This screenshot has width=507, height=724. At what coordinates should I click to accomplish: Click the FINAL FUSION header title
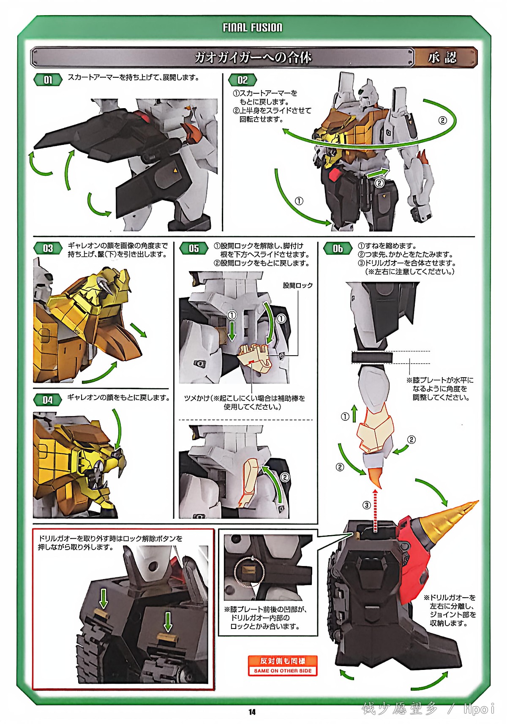coord(252,28)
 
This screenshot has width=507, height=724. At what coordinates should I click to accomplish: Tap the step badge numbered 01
coord(48,80)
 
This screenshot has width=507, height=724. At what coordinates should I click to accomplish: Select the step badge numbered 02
coord(243,80)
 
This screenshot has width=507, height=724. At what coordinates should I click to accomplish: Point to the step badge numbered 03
coord(48,248)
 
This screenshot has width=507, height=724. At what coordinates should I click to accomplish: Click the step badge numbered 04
coord(48,400)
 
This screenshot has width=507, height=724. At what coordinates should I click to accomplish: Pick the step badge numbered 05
coord(194,248)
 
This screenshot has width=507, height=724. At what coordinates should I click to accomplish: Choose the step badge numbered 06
coord(338,248)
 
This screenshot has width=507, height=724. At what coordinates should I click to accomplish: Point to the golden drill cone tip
coord(477,502)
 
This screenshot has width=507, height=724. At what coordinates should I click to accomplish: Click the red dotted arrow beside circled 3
coord(375,510)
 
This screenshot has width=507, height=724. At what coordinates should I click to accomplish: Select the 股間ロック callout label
coord(298,286)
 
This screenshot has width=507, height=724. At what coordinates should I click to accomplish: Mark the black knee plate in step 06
coord(372,357)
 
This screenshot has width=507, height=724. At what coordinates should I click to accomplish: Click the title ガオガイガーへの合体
coord(253,58)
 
